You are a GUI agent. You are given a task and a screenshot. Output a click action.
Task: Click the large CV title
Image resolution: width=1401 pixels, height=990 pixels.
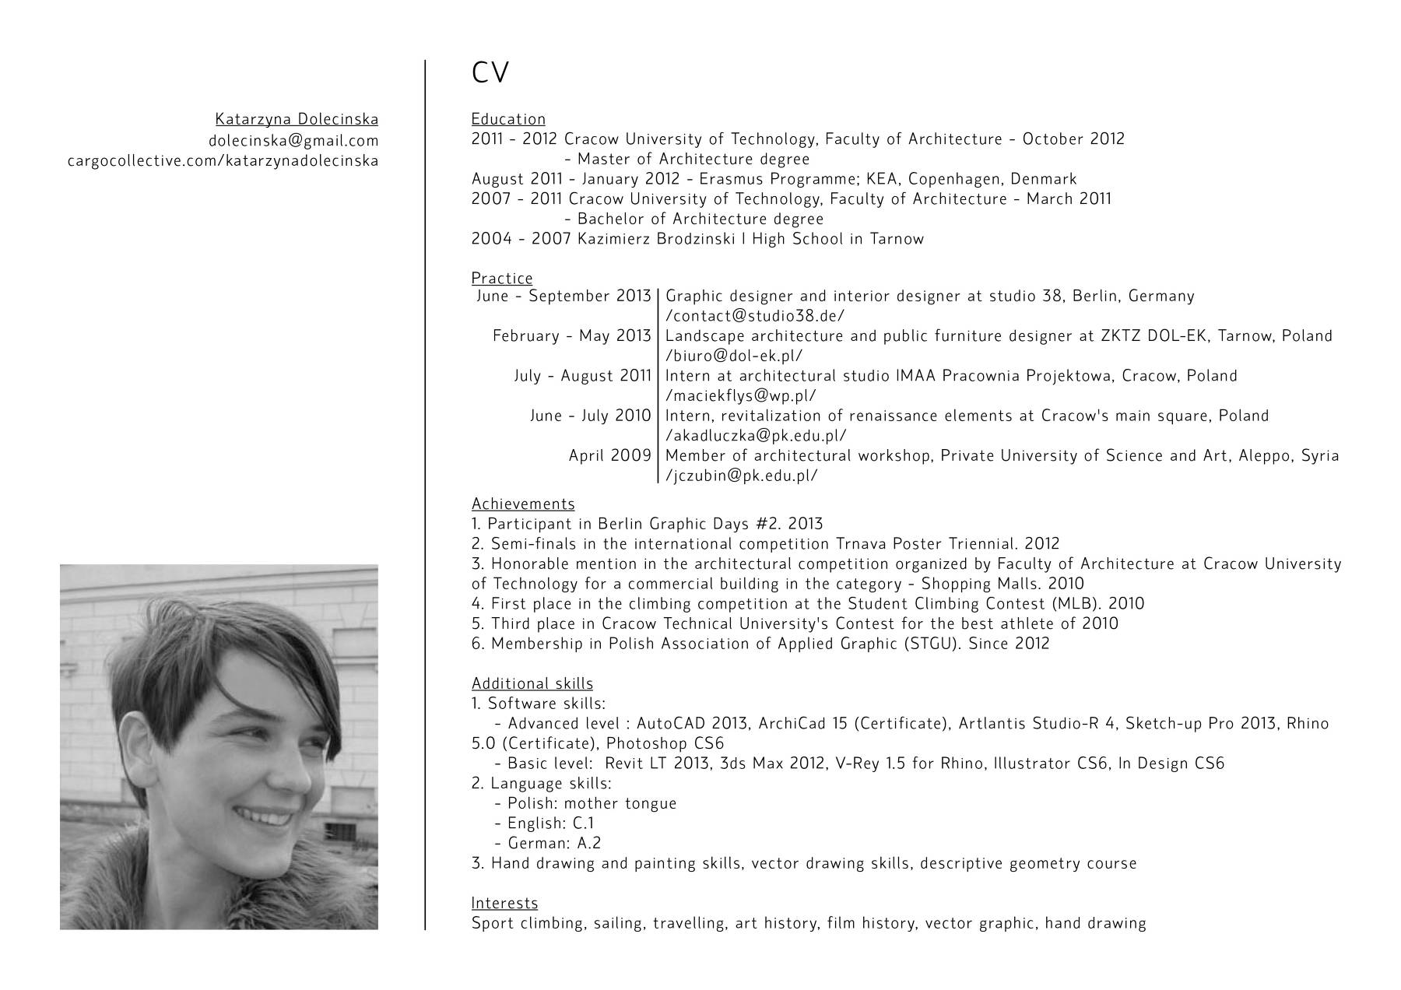pyautogui.click(x=490, y=73)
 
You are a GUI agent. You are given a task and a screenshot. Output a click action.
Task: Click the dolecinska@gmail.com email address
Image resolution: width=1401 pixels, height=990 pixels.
pyautogui.click(x=293, y=141)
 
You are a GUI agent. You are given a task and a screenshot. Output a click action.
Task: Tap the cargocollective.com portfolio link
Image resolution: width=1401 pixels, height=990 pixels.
pyautogui.click(x=223, y=161)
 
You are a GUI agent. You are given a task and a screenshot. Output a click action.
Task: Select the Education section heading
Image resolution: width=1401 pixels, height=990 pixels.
pyautogui.click(x=508, y=119)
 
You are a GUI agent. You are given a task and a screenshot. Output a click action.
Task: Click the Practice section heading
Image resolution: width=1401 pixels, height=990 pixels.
pyautogui.click(x=502, y=279)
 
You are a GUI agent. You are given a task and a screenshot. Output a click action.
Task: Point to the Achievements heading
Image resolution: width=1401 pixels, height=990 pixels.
pyautogui.click(x=523, y=504)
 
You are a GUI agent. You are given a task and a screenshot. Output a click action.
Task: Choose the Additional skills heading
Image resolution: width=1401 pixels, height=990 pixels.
pyautogui.click(x=532, y=684)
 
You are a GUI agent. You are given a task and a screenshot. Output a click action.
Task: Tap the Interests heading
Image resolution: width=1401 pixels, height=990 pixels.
pyautogui.click(x=504, y=904)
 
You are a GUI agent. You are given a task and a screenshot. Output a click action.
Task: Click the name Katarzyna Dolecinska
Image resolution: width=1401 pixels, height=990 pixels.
pyautogui.click(x=297, y=120)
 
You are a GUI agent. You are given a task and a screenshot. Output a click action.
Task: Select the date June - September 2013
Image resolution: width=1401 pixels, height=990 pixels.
pyautogui.click(x=564, y=297)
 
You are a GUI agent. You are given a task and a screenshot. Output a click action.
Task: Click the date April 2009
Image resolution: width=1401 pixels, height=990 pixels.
pyautogui.click(x=609, y=456)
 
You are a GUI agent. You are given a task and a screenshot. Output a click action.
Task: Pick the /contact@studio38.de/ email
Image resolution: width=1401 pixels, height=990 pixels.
pyautogui.click(x=755, y=316)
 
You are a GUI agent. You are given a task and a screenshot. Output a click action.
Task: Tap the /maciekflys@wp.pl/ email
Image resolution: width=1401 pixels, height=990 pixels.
pyautogui.click(x=740, y=396)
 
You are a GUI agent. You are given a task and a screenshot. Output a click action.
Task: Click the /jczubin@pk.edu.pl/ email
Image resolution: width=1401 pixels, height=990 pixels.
pyautogui.click(x=741, y=476)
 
